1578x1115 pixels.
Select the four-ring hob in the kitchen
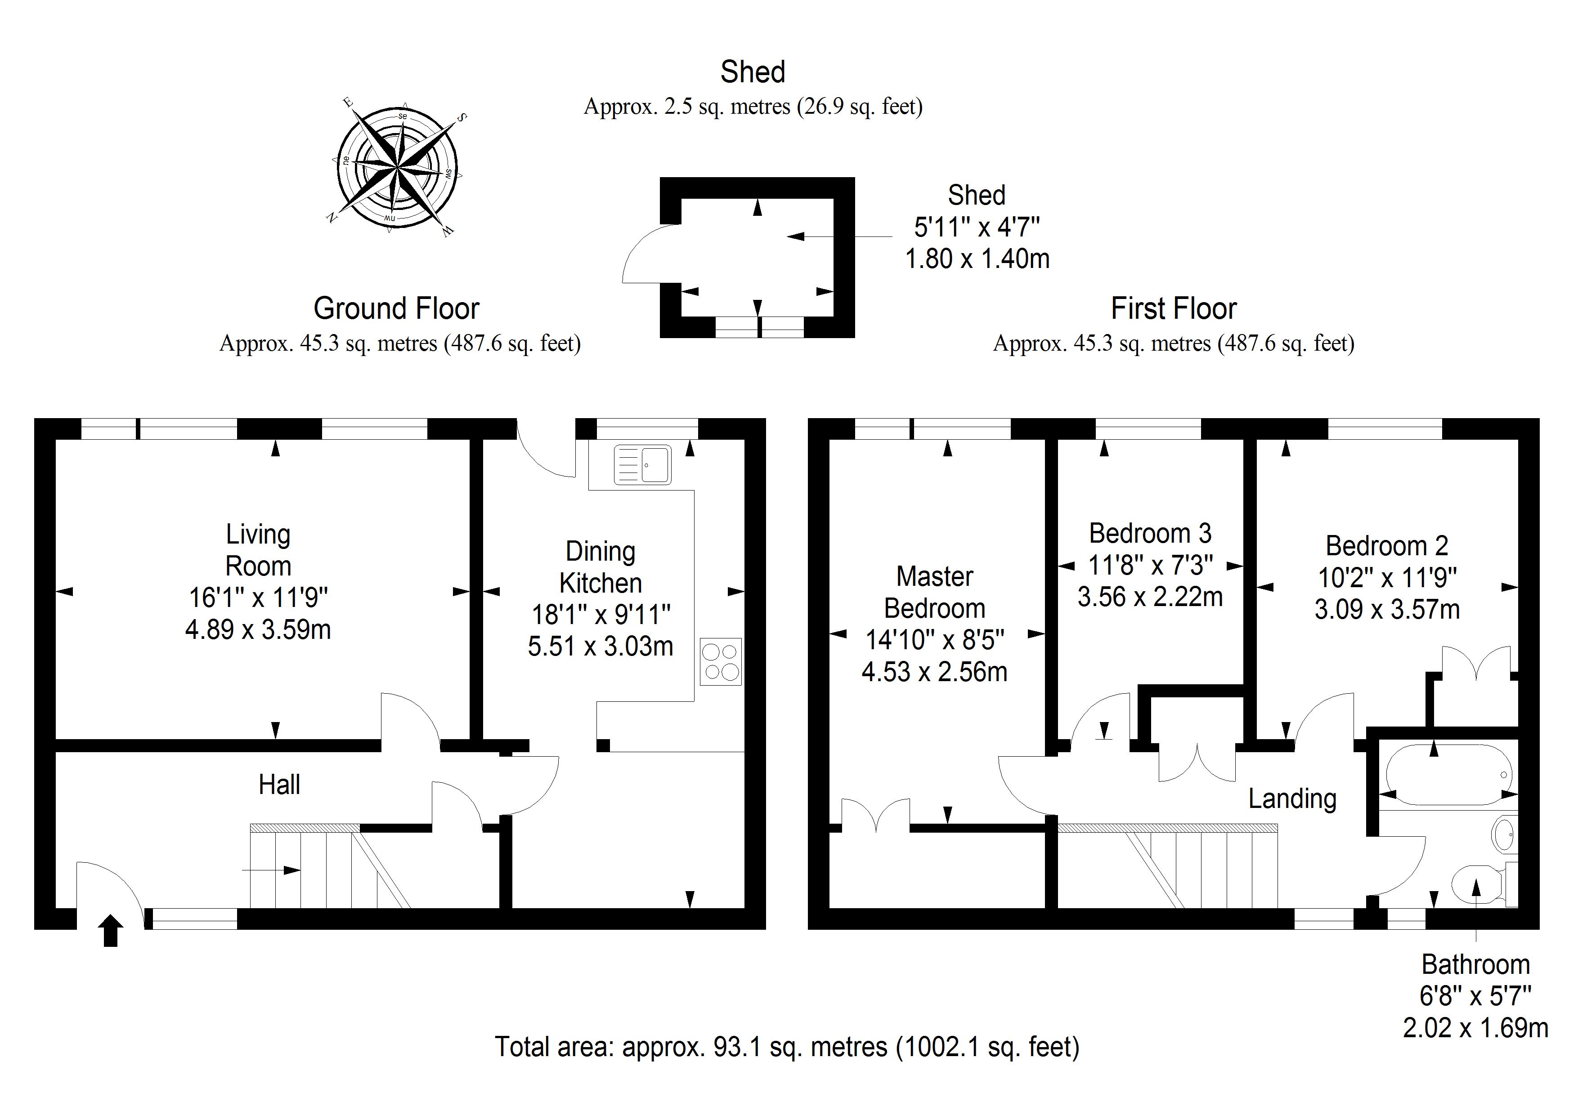(721, 661)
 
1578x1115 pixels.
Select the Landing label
(1292, 799)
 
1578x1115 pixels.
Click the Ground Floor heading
(397, 308)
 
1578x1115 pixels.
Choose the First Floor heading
(1174, 308)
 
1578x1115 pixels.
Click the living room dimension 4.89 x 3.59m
(258, 629)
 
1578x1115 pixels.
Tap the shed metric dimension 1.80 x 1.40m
(977, 259)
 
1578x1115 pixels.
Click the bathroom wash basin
(1504, 834)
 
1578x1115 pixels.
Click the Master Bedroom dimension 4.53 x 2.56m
(935, 672)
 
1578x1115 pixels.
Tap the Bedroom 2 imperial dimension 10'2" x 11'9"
(1387, 578)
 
